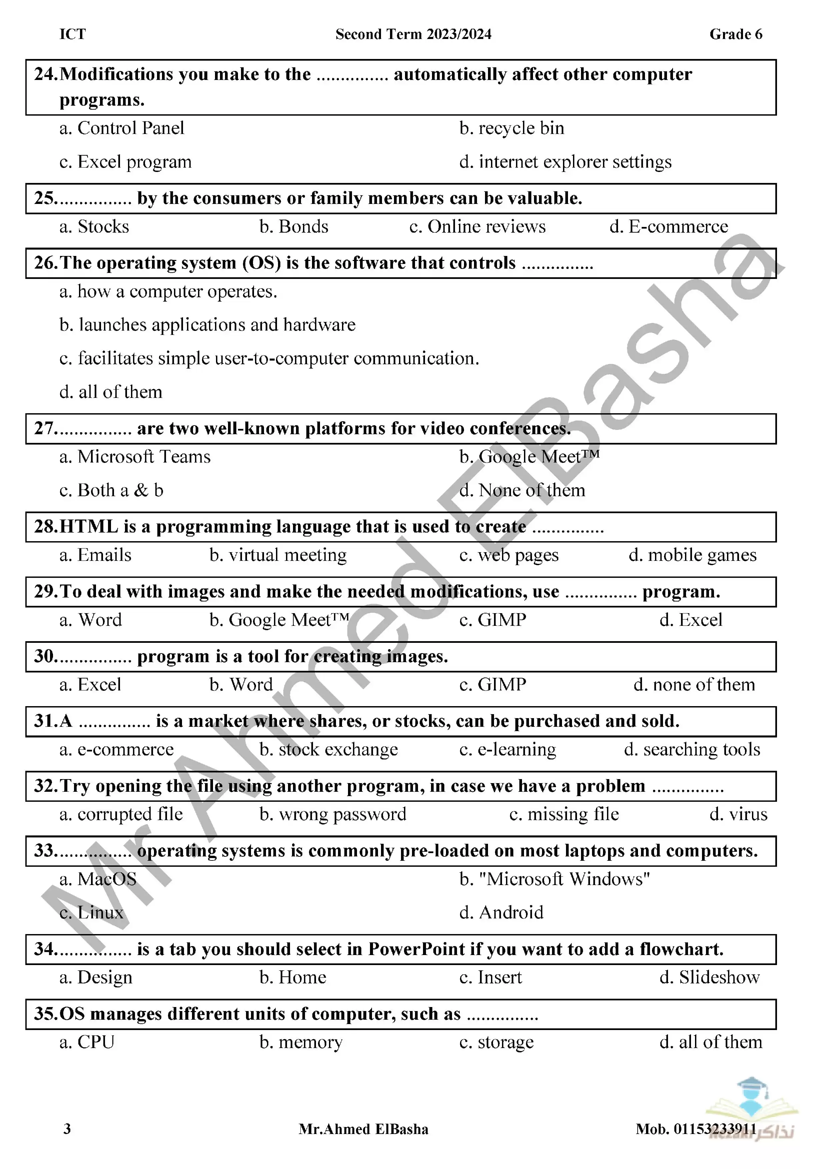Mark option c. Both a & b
pos(112,490)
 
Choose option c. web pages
pos(509,555)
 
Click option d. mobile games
pos(693,555)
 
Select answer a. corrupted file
pos(121,814)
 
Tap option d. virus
pos(738,814)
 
